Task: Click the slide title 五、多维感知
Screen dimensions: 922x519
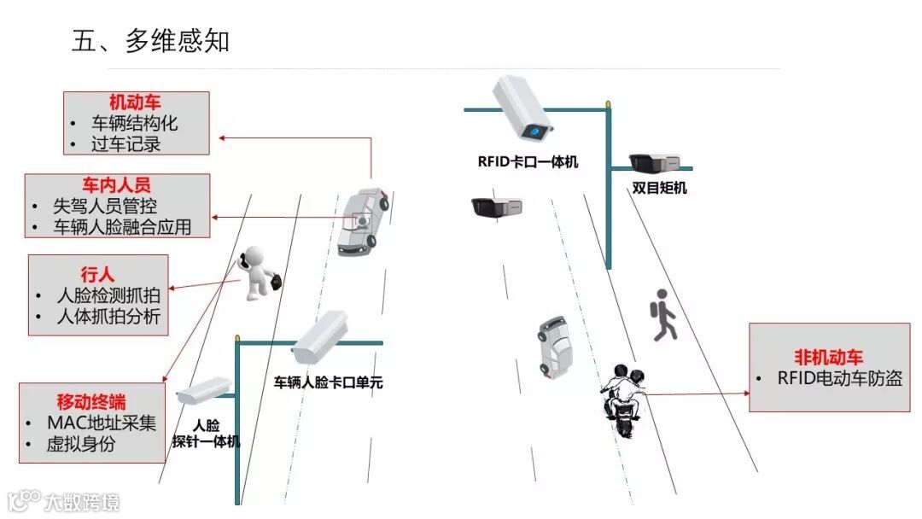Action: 151,41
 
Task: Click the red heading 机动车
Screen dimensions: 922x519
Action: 135,103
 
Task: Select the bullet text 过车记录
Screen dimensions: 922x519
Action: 126,143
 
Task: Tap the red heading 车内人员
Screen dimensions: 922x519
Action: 117,185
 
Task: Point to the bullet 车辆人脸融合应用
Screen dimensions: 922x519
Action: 122,227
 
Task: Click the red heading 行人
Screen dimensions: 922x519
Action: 96,275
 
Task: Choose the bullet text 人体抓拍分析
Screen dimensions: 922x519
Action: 108,318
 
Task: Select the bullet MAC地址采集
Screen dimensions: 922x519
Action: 102,423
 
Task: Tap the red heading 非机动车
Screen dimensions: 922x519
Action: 828,358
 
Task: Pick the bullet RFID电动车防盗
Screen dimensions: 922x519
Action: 839,378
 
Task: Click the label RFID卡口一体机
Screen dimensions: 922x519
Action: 528,161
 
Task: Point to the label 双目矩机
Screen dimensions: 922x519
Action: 659,188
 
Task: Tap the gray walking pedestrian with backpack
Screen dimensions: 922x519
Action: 663,316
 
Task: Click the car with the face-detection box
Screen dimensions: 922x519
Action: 362,221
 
